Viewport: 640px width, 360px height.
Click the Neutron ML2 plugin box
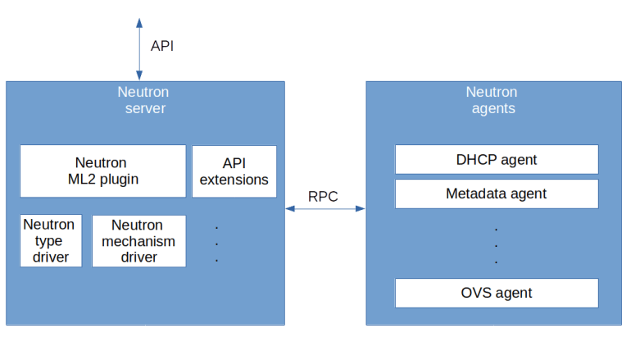pos(102,171)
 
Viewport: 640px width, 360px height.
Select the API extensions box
pos(234,171)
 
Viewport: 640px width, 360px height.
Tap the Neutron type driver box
pos(50,240)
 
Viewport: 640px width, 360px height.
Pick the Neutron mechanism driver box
pos(138,240)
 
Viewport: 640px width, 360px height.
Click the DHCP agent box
pos(496,159)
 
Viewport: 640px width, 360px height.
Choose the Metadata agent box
pos(496,194)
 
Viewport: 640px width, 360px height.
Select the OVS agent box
pos(496,293)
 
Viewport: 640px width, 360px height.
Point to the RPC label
pos(323,197)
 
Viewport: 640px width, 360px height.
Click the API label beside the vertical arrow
pos(161,46)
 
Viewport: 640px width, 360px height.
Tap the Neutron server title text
pos(144,100)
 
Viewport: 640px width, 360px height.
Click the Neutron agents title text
pos(492,100)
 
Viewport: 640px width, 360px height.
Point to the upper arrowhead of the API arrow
pos(139,21)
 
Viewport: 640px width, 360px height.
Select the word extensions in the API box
pos(234,180)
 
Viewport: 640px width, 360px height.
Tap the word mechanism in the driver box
pos(138,241)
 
